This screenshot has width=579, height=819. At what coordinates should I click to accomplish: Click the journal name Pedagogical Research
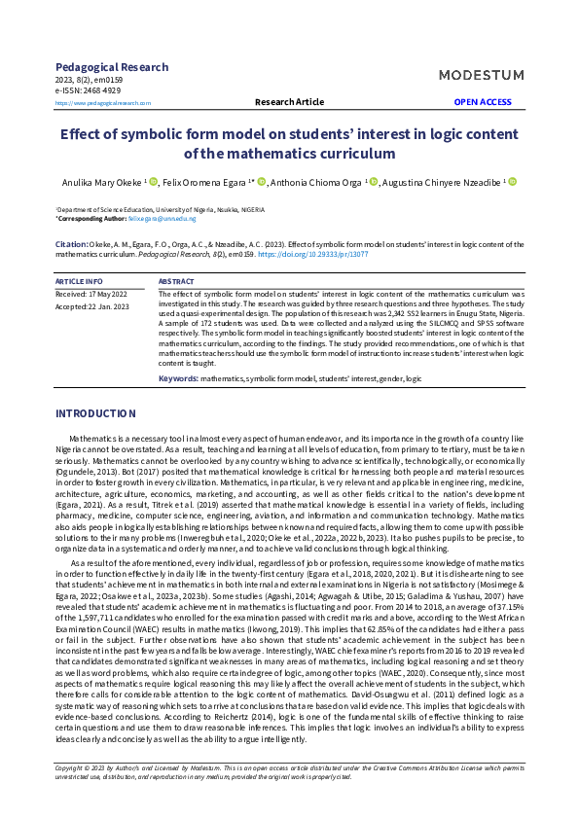(x=112, y=67)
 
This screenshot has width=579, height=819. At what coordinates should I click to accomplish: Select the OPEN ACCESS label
(x=483, y=101)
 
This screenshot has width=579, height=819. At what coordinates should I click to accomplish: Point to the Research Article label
(x=289, y=101)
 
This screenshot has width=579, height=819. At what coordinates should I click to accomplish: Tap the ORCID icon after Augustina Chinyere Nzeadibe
(x=512, y=182)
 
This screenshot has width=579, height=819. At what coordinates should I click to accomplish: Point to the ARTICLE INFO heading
(x=80, y=281)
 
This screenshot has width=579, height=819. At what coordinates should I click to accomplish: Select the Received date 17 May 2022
(x=91, y=293)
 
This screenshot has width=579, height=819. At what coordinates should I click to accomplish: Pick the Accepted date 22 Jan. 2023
(x=93, y=306)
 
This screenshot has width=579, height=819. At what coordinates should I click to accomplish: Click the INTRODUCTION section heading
(x=95, y=414)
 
